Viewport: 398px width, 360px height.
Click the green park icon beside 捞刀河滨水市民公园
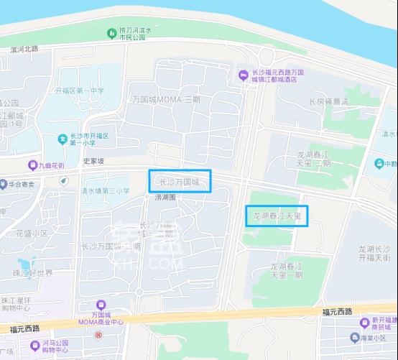coord(111,34)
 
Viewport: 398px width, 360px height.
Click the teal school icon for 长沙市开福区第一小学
coord(63,138)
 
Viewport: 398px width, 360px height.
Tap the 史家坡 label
coord(93,162)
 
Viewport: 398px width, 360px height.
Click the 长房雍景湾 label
coord(328,102)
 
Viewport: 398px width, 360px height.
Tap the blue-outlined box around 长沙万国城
coord(179,181)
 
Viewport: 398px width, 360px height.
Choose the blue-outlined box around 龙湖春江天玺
coord(277,215)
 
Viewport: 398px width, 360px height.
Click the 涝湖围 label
coord(165,196)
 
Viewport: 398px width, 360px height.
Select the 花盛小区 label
coord(31,234)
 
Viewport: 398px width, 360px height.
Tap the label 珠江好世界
coord(33,273)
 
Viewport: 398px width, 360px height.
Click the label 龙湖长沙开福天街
coord(374,253)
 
